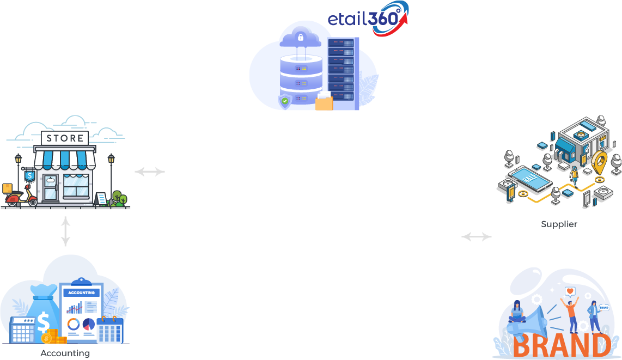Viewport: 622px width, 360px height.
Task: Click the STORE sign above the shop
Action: pos(65,138)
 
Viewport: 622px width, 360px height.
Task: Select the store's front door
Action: pos(50,187)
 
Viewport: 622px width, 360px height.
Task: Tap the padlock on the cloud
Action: pos(300,38)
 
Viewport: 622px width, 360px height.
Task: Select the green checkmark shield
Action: pos(285,101)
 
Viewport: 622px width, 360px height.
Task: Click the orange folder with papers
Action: pos(324,101)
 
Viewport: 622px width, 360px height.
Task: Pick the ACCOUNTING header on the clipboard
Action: pos(81,293)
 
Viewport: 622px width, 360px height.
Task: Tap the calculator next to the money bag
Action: pos(23,330)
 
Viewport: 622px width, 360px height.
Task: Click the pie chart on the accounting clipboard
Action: pos(88,324)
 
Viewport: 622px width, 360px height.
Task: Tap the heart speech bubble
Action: pos(570,291)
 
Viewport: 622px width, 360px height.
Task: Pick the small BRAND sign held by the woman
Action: pos(603,307)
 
